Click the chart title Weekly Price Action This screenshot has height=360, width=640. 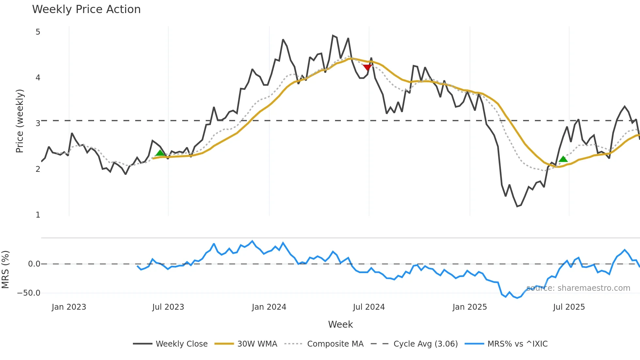coord(86,9)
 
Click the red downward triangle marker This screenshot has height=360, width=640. coord(367,67)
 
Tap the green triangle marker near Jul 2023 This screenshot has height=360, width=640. coord(160,153)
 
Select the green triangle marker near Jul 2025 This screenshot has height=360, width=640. coord(563,159)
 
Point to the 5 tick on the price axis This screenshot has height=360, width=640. coord(38,32)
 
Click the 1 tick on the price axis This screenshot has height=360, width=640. coord(38,215)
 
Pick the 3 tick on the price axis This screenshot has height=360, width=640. coord(38,123)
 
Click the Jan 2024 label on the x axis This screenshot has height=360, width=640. coord(269,307)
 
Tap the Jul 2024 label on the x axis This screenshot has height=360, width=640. coord(369,307)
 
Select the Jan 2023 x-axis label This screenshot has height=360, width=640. coord(69,307)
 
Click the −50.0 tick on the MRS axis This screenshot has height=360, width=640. coord(29,293)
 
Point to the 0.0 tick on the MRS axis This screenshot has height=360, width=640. coord(34,264)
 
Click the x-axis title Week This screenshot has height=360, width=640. coord(340,324)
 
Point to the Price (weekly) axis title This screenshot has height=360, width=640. coord(20,121)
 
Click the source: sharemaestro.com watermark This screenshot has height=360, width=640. coord(578,288)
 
